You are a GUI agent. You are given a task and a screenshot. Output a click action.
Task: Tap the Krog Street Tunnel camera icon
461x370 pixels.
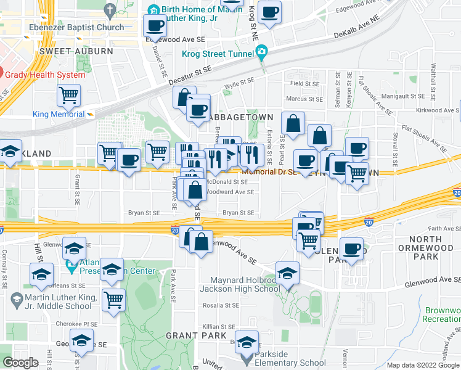[262, 52]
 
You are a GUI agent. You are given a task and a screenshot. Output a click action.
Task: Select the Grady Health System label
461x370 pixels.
[44, 75]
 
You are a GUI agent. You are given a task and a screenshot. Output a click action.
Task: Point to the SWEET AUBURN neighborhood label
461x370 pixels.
[76, 51]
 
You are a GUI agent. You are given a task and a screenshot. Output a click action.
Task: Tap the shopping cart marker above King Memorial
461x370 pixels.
[68, 96]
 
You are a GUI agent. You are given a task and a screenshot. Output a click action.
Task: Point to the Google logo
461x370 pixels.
[20, 363]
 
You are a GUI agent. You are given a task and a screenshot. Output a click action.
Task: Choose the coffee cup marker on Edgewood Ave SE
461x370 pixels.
[155, 26]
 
